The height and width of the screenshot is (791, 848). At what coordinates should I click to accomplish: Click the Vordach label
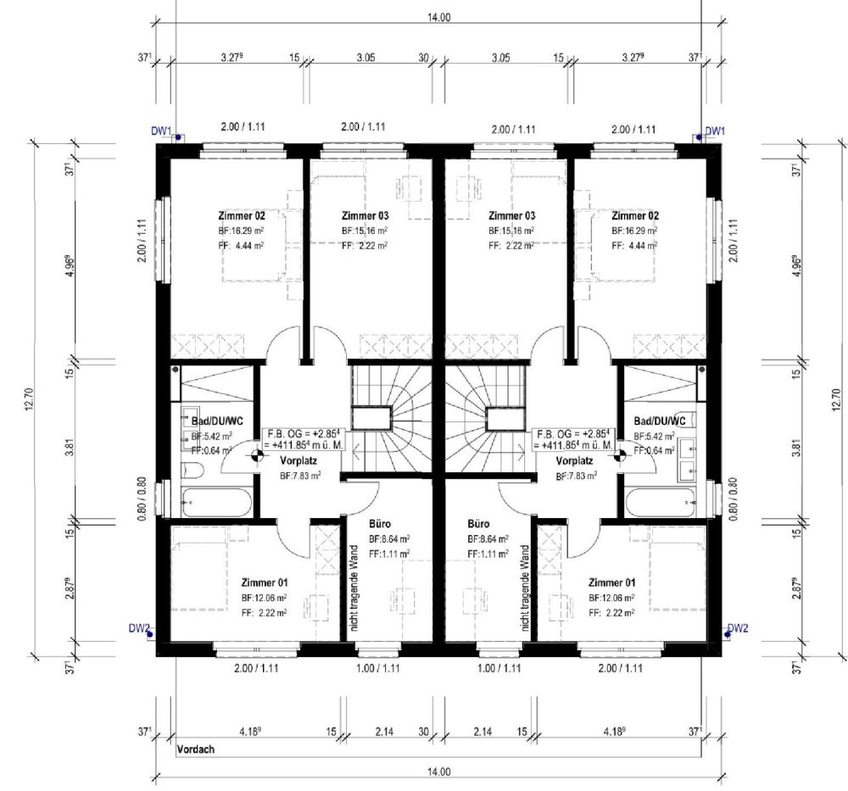click(196, 750)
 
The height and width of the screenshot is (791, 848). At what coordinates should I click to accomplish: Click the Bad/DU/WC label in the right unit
click(660, 421)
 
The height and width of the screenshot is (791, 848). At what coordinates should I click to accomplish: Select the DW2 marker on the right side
click(737, 628)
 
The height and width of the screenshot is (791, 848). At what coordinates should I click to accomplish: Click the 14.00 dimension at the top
click(439, 17)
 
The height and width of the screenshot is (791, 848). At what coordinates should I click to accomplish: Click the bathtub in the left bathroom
click(216, 502)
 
